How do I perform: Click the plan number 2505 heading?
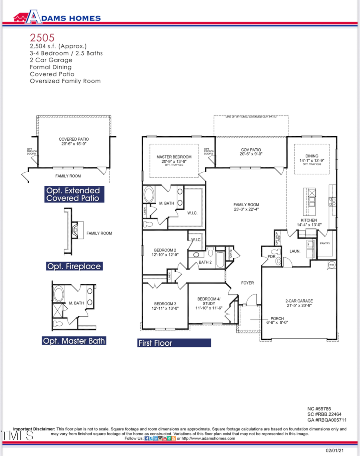pos(42,38)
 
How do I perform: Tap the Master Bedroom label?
pos(174,159)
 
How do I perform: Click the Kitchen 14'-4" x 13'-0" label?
pos(309,223)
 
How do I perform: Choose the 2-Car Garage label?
pos(299,303)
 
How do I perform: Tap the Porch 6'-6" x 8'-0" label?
pos(277,321)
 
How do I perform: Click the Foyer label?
pos(247,283)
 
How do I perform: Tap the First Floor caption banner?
pos(174,343)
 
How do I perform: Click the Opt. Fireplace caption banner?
pos(74,266)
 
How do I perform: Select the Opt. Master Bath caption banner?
pos(74,341)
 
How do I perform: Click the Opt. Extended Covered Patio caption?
pos(74,194)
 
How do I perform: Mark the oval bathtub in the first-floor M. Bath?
pos(150,195)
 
